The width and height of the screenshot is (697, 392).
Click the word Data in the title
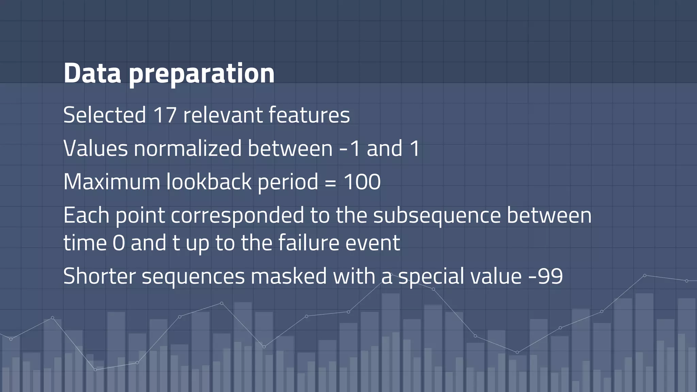tap(92, 73)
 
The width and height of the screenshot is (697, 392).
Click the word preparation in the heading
tap(201, 74)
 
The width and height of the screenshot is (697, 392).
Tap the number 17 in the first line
tap(165, 115)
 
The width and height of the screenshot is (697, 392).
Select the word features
tap(309, 115)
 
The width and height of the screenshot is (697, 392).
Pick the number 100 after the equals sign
tap(362, 182)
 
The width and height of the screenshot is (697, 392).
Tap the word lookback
tap(209, 182)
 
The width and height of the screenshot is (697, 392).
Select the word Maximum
tap(112, 182)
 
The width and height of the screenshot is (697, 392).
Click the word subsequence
tap(437, 216)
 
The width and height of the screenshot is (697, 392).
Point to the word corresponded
tap(237, 216)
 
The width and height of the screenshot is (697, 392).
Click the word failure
tap(308, 243)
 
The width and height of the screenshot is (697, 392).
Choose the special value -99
tap(546, 276)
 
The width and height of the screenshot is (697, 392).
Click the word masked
tap(289, 276)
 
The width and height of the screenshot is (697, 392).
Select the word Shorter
tap(99, 276)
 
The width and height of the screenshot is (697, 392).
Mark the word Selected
tap(104, 115)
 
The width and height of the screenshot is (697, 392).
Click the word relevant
tap(223, 115)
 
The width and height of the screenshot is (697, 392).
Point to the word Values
tap(96, 148)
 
